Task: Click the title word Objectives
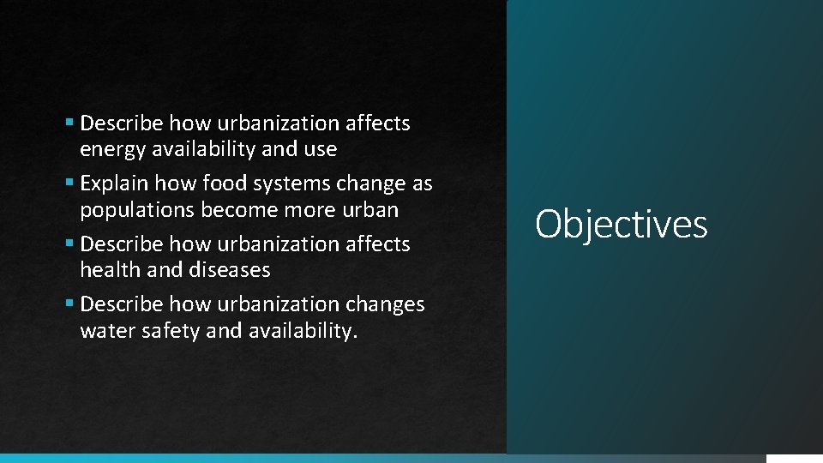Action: tap(621, 225)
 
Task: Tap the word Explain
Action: tap(113, 184)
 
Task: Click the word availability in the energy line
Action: tap(202, 150)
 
